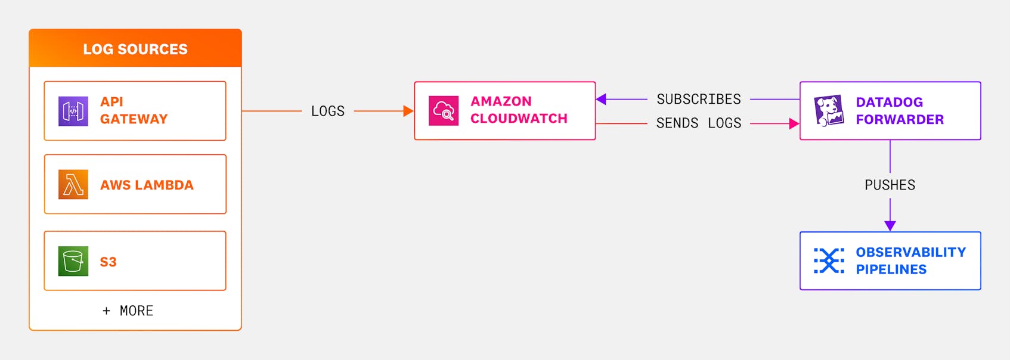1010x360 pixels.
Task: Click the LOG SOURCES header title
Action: [x=135, y=49]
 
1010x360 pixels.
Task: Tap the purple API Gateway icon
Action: [x=73, y=111]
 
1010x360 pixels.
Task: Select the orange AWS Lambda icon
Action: [x=73, y=184]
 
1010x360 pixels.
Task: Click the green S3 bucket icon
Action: [x=73, y=261]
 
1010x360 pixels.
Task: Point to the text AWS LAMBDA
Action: [x=147, y=185]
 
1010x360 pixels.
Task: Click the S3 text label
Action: [x=108, y=262]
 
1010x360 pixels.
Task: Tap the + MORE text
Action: [x=128, y=311]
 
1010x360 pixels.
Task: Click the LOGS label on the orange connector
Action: [x=327, y=111]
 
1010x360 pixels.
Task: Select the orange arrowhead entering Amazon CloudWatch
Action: [x=408, y=111]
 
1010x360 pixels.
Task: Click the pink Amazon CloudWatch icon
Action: [x=444, y=111]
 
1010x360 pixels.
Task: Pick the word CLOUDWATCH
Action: [x=519, y=119]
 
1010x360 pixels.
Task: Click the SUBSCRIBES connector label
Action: [x=698, y=99]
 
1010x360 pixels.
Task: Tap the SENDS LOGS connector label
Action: [x=698, y=123]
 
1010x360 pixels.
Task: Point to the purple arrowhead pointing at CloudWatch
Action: [x=601, y=99]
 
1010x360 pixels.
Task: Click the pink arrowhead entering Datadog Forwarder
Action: [x=794, y=123]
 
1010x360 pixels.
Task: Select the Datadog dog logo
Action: [x=829, y=111]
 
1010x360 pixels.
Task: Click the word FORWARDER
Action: [x=900, y=120]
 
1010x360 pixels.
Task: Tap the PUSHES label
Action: [x=890, y=185]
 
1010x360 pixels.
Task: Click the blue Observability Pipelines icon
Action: [x=829, y=261]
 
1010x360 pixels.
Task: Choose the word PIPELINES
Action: [x=891, y=269]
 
